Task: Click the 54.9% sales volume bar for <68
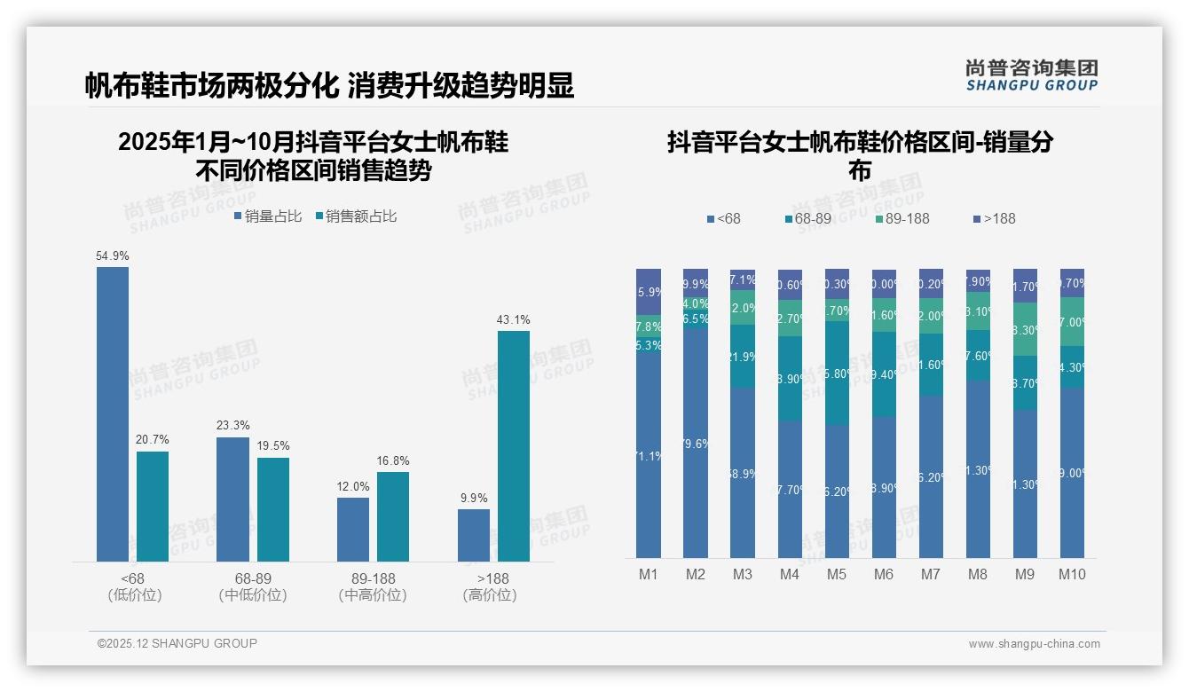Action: click(x=113, y=413)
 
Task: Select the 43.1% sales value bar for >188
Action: click(x=513, y=445)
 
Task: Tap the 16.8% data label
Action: click(x=393, y=461)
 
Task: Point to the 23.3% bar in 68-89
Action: click(x=232, y=499)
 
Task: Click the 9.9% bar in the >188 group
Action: click(x=474, y=535)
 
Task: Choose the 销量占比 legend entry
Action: click(x=268, y=216)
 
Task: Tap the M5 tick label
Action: click(x=837, y=574)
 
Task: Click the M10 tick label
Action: click(x=1072, y=574)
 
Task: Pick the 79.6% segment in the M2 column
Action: click(x=696, y=444)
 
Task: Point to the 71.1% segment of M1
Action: click(x=649, y=456)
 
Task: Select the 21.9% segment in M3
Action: click(x=743, y=356)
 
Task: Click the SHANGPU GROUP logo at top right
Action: click(x=1031, y=75)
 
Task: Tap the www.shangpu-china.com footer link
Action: click(x=1034, y=644)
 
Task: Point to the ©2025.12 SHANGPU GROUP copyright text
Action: click(x=177, y=643)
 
